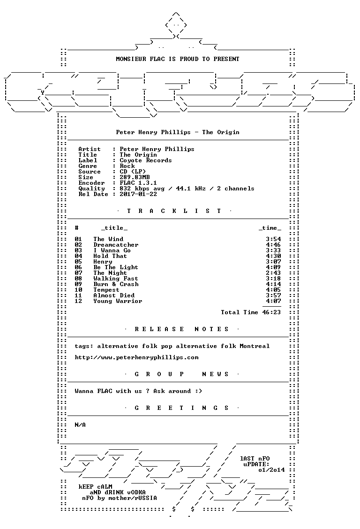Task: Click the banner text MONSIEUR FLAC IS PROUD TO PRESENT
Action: [178, 59]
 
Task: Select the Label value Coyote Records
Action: [146, 160]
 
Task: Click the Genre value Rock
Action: [127, 166]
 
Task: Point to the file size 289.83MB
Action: [135, 177]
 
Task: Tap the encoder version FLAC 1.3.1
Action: [138, 183]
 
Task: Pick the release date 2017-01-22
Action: [138, 194]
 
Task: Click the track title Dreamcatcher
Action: [116, 245]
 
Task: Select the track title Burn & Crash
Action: [116, 284]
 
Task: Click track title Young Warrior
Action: [118, 301]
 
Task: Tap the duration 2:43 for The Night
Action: [273, 273]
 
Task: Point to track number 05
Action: [78, 262]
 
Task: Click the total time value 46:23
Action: [271, 312]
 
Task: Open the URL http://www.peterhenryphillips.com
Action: [136, 358]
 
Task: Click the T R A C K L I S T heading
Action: [174, 211]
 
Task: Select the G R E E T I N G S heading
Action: [181, 408]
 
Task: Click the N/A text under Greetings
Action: [80, 425]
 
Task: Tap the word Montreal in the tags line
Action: [255, 346]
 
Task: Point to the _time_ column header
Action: [270, 228]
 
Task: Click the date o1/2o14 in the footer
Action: [271, 470]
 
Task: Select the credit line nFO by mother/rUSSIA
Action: [120, 498]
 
